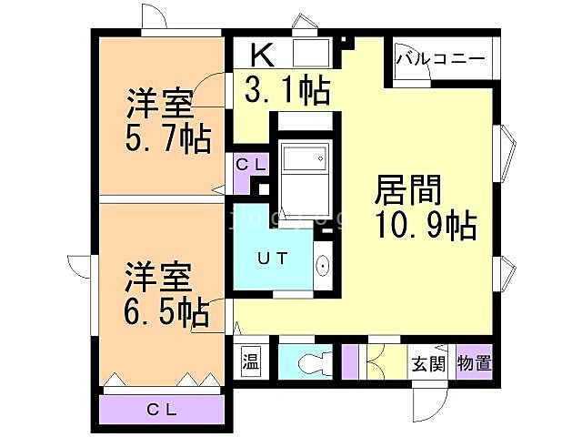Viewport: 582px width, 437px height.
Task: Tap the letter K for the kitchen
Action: (x=260, y=55)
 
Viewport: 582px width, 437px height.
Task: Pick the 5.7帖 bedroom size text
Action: (x=167, y=139)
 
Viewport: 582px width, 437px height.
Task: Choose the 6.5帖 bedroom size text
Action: (x=166, y=312)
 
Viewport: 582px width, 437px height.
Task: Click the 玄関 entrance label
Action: (x=429, y=363)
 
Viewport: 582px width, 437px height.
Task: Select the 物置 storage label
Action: (x=475, y=363)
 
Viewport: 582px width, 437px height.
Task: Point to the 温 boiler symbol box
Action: (x=250, y=361)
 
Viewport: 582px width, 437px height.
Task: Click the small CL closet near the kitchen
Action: (x=251, y=165)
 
